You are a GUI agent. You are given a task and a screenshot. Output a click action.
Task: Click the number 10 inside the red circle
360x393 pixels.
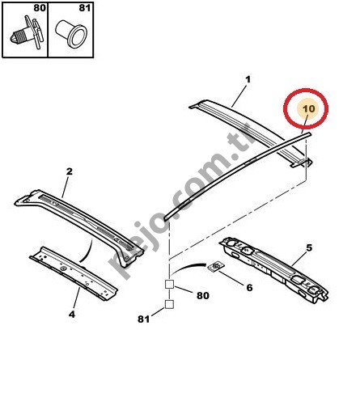tap(309, 108)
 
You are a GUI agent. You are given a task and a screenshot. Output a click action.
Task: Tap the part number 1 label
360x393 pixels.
tap(248, 79)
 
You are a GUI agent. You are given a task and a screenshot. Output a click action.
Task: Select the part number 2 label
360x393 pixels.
tap(70, 171)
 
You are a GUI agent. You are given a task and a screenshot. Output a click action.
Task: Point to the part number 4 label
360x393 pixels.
tap(72, 314)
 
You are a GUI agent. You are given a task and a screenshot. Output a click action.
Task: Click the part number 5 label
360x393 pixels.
tap(309, 247)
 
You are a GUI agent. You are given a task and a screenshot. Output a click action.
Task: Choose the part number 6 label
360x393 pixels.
tap(249, 288)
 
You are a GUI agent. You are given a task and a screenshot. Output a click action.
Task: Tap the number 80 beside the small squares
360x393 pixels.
tap(203, 296)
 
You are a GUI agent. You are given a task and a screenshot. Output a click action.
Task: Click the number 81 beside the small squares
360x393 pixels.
tap(143, 319)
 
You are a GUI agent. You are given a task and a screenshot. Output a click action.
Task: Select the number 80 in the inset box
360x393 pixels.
tap(40, 8)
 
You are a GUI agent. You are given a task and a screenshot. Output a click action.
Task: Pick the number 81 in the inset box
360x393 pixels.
tap(85, 8)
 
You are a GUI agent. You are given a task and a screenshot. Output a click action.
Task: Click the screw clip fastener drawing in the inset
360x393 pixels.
tap(27, 33)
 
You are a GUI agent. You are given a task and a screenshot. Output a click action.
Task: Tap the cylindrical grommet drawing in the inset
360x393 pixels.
tap(71, 34)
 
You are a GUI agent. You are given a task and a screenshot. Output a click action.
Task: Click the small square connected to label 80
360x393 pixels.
tap(169, 285)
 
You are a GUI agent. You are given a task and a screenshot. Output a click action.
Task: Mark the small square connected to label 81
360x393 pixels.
tap(169, 304)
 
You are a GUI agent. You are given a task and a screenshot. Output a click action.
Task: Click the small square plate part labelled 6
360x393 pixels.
tap(215, 267)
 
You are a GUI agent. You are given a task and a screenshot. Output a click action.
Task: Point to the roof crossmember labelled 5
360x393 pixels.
tap(273, 269)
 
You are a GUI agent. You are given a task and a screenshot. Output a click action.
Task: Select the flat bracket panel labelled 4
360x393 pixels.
tap(74, 273)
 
